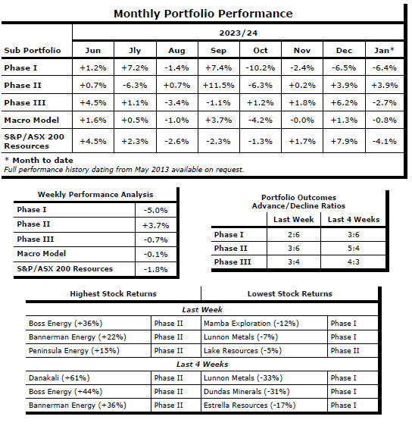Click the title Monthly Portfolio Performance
point(203,14)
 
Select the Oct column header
point(261,50)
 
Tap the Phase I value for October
point(261,68)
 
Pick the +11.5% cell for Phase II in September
point(218,86)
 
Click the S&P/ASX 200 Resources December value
point(344,142)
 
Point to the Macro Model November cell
point(302,120)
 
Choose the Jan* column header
point(384,50)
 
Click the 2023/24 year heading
point(238,33)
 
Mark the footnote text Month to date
point(42,161)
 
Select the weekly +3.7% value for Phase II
point(156,225)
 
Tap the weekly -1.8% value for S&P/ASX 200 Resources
point(156,270)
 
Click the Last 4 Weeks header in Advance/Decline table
point(354,219)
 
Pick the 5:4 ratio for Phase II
point(353,249)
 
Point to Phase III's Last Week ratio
point(294,262)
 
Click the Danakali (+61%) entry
point(59,378)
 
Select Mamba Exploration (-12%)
point(251,324)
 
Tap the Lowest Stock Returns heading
point(290,294)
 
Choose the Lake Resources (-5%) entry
point(242,351)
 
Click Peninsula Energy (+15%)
point(74,351)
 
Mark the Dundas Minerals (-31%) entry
point(246,392)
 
